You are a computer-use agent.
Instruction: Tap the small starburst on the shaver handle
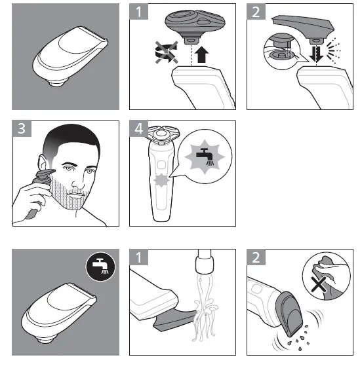(x=159, y=180)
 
